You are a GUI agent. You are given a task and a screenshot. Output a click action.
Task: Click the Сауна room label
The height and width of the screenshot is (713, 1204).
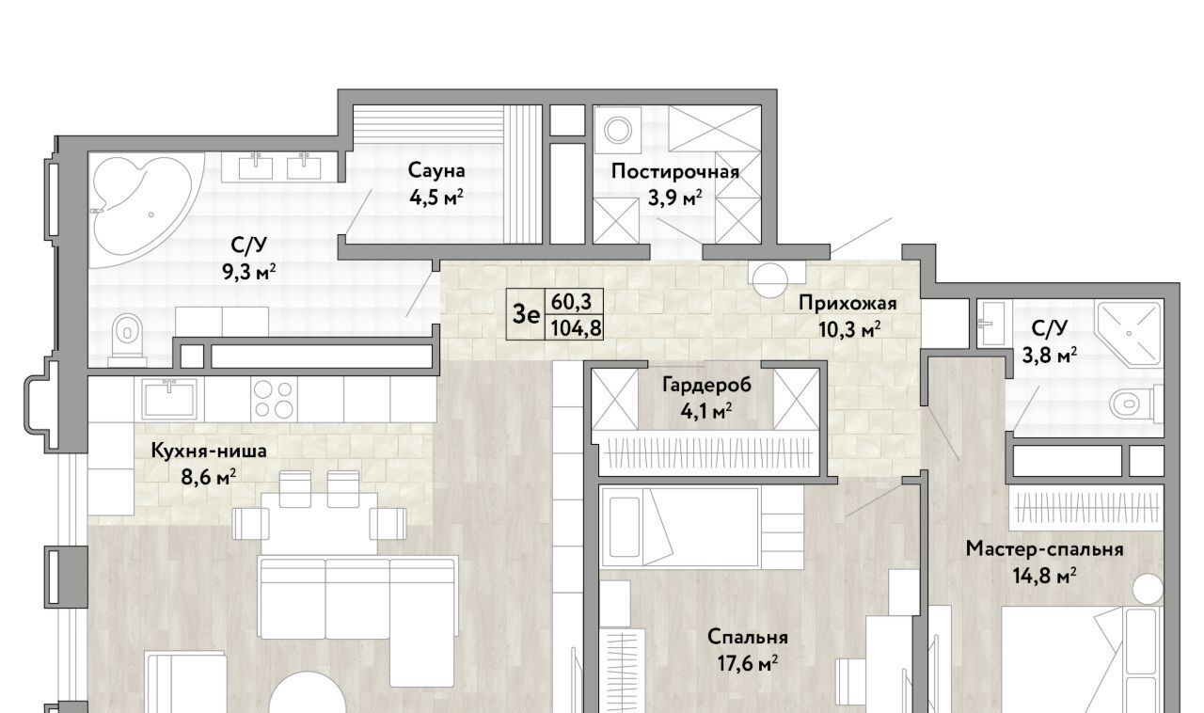point(436,171)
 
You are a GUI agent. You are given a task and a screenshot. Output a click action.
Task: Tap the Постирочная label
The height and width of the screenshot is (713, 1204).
point(674,171)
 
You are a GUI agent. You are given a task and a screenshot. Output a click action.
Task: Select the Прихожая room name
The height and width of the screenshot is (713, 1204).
point(848,303)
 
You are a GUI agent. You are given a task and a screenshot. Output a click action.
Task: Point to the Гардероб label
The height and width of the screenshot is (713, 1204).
point(706,385)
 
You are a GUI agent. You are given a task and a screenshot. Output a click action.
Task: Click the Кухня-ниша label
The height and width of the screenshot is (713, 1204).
point(209,451)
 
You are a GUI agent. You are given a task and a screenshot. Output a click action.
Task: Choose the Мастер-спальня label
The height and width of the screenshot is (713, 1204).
point(1044,549)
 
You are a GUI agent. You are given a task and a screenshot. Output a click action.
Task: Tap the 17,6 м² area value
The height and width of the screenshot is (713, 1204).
point(748,663)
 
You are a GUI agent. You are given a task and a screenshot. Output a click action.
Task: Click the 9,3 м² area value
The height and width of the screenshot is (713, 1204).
point(249,273)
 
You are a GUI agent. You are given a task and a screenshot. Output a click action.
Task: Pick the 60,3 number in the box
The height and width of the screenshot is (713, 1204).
point(571,302)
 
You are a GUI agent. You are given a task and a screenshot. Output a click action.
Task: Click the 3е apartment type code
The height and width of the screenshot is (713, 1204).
point(526,314)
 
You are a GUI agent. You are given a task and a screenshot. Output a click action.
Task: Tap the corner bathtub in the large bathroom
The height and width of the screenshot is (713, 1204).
point(142,205)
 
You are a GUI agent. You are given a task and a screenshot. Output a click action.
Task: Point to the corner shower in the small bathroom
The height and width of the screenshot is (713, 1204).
point(1128,334)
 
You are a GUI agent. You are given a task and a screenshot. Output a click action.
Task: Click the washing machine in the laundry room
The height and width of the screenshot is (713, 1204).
point(618,130)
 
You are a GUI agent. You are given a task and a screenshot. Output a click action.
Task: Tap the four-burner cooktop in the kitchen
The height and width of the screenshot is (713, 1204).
point(274,399)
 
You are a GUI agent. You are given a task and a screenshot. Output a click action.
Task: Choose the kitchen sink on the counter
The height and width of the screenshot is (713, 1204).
point(169,398)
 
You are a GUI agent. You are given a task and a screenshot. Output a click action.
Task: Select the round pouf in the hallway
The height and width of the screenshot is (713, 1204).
point(769,279)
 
